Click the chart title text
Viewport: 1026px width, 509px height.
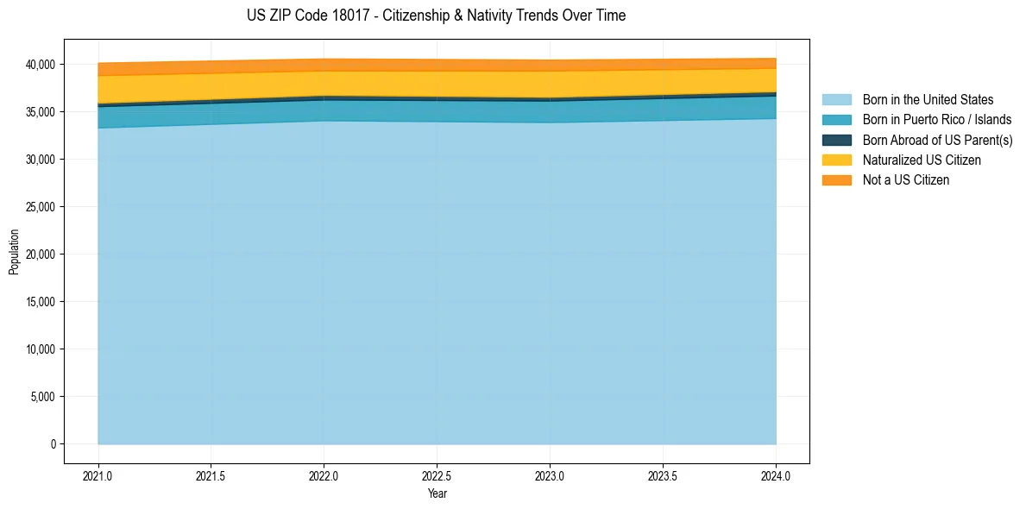tap(437, 16)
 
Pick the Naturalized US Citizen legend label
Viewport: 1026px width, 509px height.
tap(922, 160)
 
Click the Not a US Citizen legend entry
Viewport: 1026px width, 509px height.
tap(906, 180)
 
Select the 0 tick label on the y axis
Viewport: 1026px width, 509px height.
tap(54, 444)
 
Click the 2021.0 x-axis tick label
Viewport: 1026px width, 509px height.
tap(98, 475)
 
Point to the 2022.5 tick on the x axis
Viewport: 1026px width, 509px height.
tap(437, 475)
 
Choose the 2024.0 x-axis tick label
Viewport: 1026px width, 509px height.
tap(776, 475)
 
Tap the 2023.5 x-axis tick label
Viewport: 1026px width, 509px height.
tap(663, 475)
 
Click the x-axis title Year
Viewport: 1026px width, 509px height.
tap(437, 493)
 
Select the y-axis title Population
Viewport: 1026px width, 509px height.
tap(14, 252)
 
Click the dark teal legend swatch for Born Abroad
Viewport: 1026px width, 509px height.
tap(836, 140)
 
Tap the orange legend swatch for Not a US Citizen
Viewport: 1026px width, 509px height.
tap(836, 180)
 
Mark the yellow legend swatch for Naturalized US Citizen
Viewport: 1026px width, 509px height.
tap(836, 160)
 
